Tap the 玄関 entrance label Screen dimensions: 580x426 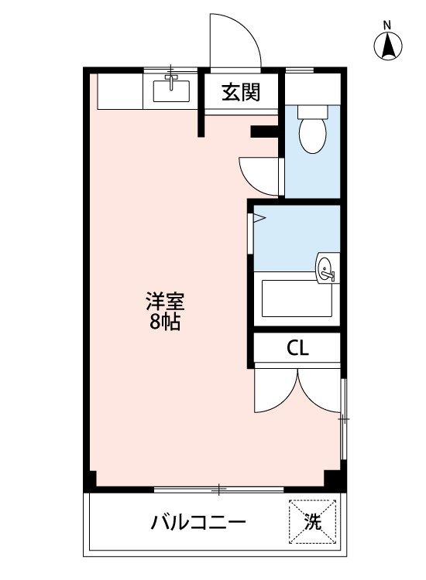241,93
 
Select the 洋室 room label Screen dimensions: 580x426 164,301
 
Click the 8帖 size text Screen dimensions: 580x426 164,322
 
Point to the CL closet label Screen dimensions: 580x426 298,348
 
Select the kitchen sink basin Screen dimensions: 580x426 172,91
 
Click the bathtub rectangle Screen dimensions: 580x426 297,299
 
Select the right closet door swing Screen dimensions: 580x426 320,391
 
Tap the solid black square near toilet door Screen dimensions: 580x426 263,132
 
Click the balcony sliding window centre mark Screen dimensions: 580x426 220,489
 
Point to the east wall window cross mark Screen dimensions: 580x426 343,418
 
